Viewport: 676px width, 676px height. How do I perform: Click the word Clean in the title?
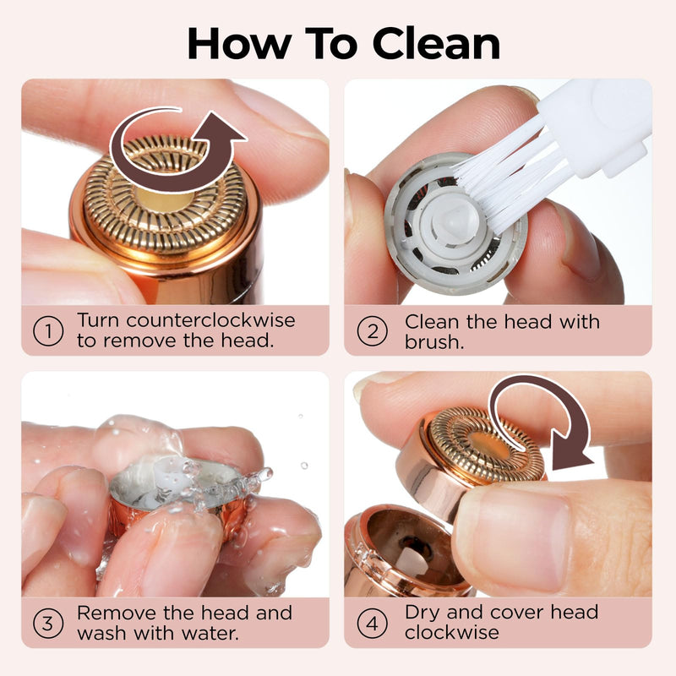(436, 44)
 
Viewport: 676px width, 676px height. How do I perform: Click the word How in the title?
(239, 44)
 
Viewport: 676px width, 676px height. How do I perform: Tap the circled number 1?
(48, 331)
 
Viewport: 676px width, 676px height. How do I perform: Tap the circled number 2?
(373, 331)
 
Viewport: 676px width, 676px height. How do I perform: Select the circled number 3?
(48, 624)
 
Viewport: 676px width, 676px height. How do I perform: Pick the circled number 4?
(373, 624)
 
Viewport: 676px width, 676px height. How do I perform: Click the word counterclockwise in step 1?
(210, 320)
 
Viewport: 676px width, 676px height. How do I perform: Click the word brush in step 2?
(433, 342)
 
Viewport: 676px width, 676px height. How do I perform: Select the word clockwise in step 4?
(452, 632)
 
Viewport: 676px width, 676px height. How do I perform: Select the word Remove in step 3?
(117, 613)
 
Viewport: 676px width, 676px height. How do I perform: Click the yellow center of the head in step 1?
(166, 199)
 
